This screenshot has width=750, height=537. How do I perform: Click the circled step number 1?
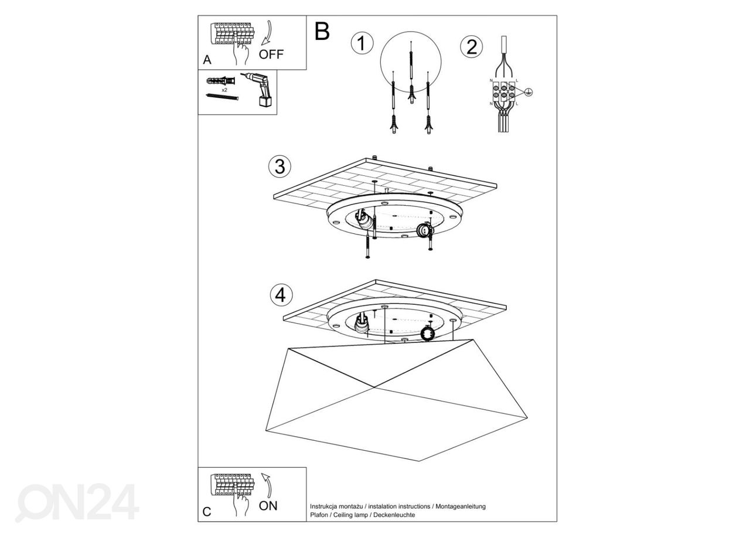[362, 44]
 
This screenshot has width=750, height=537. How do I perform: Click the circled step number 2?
[471, 46]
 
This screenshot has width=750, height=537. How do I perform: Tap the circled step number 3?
[279, 166]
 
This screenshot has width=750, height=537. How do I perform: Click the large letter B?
[322, 32]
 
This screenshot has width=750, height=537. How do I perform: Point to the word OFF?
[271, 55]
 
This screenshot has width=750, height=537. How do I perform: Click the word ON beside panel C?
[268, 505]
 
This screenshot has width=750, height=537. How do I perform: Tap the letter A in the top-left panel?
[207, 60]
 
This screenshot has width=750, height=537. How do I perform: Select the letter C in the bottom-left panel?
[207, 511]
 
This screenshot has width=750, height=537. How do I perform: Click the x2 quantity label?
[224, 90]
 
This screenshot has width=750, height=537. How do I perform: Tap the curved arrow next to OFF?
[267, 32]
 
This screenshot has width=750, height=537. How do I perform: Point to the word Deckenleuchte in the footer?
[396, 515]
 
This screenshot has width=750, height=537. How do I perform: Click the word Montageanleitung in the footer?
[461, 506]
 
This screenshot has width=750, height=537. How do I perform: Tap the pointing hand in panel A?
[240, 52]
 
